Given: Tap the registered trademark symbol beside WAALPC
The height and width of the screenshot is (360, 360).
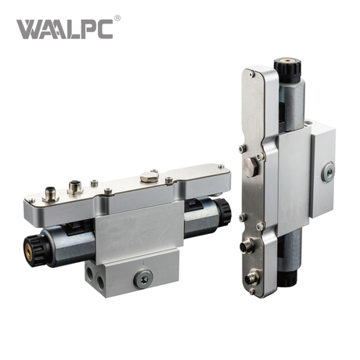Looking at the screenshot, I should [x=117, y=17].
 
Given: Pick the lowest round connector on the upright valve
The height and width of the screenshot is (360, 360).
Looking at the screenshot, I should [x=252, y=276].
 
